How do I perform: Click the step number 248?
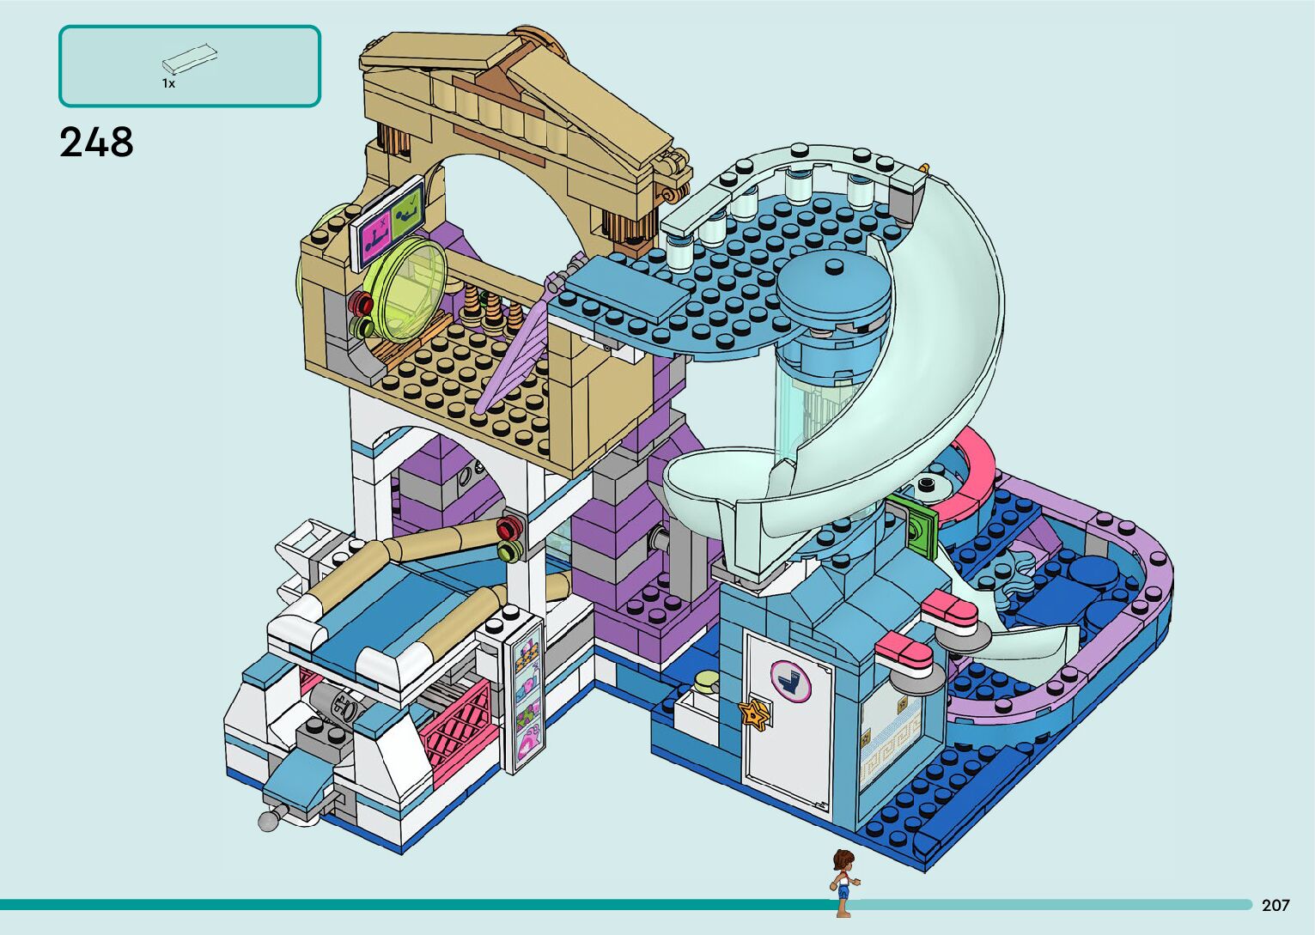tap(96, 143)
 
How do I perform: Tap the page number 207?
tap(1275, 905)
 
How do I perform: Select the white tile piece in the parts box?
tap(190, 59)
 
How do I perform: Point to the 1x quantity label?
tap(168, 84)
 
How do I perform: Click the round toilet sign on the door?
tap(790, 681)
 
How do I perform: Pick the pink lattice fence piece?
tap(456, 729)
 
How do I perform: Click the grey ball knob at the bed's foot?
tap(268, 821)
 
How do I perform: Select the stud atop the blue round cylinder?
tap(832, 266)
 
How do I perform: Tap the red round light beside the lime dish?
tap(360, 302)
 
